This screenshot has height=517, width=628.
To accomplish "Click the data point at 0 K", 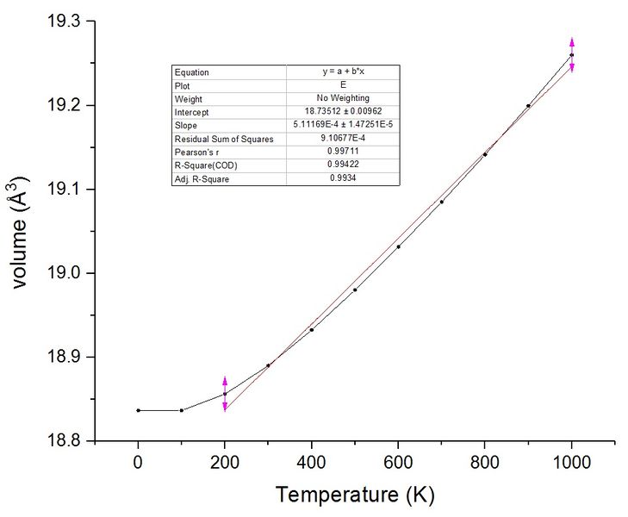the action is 138,410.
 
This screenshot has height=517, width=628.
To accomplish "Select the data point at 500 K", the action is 355,290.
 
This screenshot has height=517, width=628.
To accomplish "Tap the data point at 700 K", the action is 442,202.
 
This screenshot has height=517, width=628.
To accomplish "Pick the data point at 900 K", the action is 528,106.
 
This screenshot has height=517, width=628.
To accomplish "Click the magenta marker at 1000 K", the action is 572,55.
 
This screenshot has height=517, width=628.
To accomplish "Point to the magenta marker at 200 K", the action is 225,394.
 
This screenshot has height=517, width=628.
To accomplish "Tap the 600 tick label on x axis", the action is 398,463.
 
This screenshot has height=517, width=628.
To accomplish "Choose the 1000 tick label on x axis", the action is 572,463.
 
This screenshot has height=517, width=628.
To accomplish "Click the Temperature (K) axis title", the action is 355,495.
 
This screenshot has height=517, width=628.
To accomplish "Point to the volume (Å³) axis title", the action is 19,233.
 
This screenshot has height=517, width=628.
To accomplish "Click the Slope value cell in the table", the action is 343,125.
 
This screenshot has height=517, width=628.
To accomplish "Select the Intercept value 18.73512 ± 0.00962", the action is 343,111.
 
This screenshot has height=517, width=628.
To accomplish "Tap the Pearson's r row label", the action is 196,153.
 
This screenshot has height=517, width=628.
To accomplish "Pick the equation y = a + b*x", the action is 343,72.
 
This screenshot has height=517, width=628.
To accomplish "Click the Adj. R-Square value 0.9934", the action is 343,178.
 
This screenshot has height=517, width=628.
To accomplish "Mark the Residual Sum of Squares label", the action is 224,140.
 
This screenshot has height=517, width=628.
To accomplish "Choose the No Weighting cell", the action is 343,97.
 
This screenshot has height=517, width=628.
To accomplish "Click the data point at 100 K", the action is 182,410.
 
